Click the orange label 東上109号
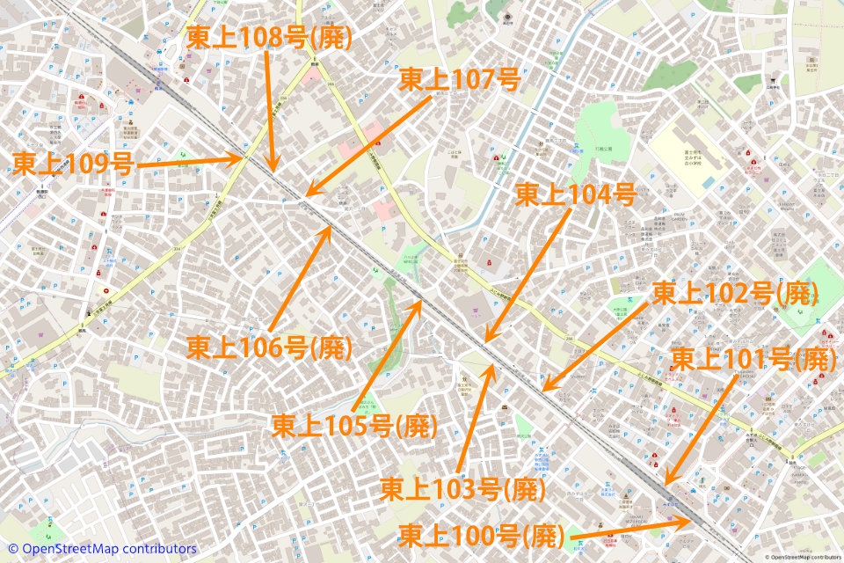[x=73, y=164]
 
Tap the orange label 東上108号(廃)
[x=269, y=37]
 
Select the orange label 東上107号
[x=460, y=80]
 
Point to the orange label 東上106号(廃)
[x=269, y=347]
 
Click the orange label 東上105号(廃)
[x=354, y=426]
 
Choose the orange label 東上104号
[x=575, y=194]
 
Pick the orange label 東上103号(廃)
[x=463, y=488]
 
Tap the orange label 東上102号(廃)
[x=735, y=293]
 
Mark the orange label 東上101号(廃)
[x=753, y=358]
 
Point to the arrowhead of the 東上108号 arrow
[x=273, y=170]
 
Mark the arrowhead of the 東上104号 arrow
[x=486, y=341]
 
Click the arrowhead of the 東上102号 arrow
[x=544, y=388]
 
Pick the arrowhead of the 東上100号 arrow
[x=691, y=520]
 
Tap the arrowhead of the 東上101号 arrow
[x=666, y=483]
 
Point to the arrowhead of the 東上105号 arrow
[x=423, y=302]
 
